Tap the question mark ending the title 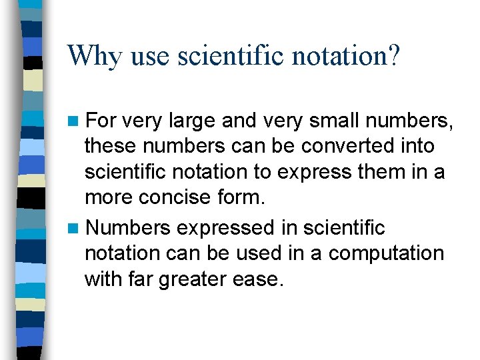[x=393, y=56]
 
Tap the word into [x=416, y=145]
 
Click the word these [x=107, y=145]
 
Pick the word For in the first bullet [x=102, y=121]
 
